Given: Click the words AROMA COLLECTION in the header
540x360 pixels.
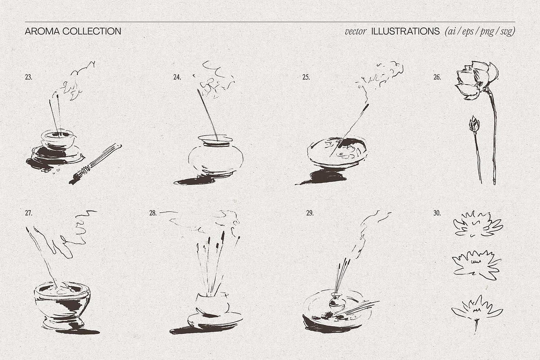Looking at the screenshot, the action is [x=73, y=31].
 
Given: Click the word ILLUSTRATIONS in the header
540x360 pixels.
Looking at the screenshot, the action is [x=405, y=31].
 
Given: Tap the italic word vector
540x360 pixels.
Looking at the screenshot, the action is [x=355, y=31].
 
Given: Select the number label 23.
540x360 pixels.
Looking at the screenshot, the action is [x=28, y=77].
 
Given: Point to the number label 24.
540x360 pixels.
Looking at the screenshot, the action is [x=177, y=77].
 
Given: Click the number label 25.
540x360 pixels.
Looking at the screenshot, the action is [x=306, y=77].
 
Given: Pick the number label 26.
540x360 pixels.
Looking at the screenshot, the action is [x=437, y=77].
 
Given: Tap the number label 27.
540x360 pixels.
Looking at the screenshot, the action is [x=28, y=213].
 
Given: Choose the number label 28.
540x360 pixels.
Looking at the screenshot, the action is [x=153, y=213].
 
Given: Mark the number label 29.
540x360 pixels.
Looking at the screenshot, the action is [x=310, y=213].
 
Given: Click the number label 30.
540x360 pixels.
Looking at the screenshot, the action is [x=437, y=213].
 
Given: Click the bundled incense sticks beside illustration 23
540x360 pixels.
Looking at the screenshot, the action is [x=95, y=164].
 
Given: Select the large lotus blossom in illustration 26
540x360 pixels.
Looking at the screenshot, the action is [x=476, y=80].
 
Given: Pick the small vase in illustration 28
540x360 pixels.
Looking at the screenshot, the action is [x=212, y=304].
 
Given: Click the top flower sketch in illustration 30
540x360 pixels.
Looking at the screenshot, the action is [x=478, y=224].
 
